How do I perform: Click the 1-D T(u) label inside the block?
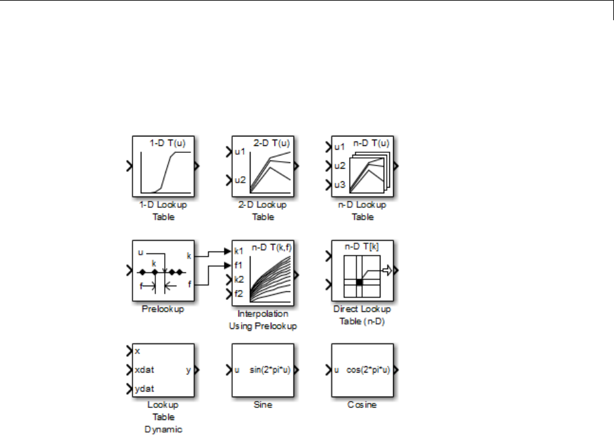click(x=168, y=143)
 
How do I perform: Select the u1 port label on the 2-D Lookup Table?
click(x=240, y=152)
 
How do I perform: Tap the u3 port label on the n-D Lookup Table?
click(x=340, y=184)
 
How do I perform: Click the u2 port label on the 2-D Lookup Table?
click(x=240, y=180)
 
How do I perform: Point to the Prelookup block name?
click(x=163, y=309)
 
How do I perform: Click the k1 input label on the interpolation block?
click(x=239, y=251)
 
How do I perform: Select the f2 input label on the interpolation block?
click(x=239, y=294)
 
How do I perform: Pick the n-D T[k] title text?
click(x=362, y=246)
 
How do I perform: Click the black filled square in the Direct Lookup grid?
click(x=359, y=282)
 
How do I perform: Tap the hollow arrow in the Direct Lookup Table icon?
click(x=387, y=270)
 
